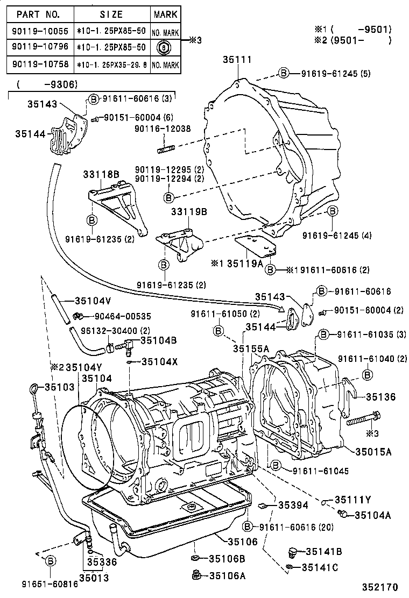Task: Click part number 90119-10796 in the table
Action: point(37,47)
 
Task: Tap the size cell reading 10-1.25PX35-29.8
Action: point(111,65)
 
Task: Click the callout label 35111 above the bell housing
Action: point(237,60)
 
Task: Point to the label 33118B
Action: point(101,174)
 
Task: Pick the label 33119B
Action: point(189,211)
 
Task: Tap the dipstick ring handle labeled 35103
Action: point(34,388)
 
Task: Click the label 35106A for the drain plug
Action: point(227,575)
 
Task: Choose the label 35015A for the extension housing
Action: point(373,452)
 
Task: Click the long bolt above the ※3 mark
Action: point(363,418)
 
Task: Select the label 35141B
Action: point(323,551)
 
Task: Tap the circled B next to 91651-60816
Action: point(50,561)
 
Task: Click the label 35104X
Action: point(159,362)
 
